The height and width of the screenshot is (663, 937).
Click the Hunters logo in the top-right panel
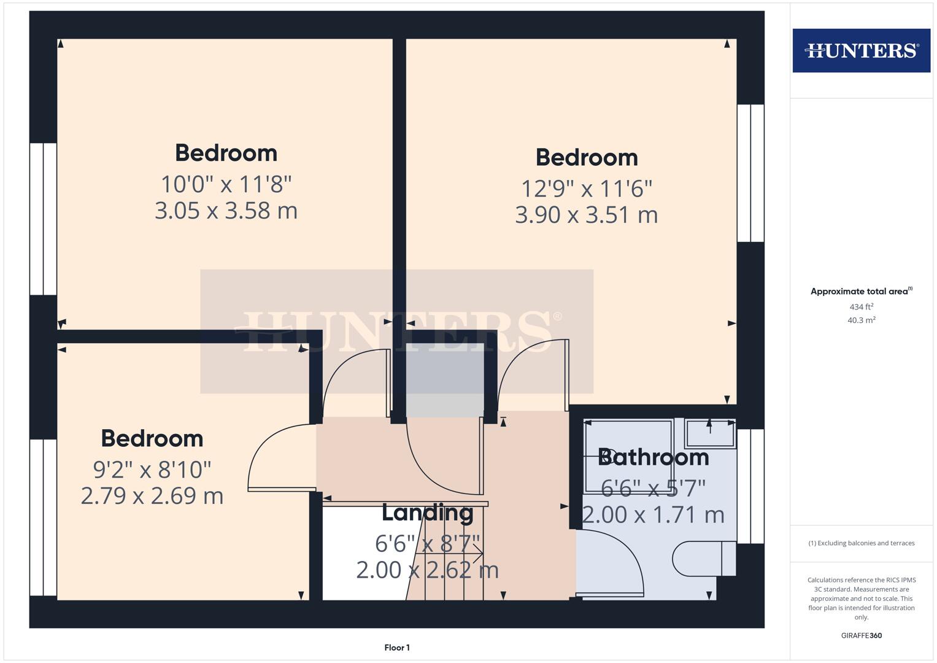coord(861,50)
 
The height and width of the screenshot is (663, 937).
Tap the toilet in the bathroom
coord(703,558)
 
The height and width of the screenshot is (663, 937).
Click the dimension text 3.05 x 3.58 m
coord(226,211)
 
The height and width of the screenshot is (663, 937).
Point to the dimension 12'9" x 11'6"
coord(586,188)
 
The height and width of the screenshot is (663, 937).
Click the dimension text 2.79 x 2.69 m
coord(152,495)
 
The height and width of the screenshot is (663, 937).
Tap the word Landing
coord(427,513)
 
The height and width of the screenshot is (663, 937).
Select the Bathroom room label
coord(654,457)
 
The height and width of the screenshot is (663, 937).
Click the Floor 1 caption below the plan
coord(397,648)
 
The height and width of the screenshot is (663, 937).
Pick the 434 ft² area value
coord(861,307)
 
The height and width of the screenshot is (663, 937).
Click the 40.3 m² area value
coord(861,320)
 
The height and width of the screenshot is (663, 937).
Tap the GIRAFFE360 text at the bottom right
coord(861,635)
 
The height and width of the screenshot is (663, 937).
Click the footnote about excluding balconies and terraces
coord(861,543)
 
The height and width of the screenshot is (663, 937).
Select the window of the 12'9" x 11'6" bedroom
coord(750,173)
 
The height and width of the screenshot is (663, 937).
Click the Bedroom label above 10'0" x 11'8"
coord(226,153)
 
